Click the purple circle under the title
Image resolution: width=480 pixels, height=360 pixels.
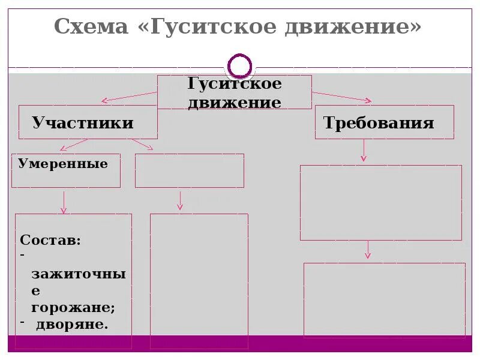pos(241,65)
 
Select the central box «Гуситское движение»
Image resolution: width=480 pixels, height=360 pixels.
pos(234,92)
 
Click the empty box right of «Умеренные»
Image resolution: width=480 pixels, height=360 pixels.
pos(189,170)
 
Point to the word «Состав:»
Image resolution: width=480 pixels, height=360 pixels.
pos(50,240)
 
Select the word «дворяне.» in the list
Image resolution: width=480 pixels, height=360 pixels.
pos(72,325)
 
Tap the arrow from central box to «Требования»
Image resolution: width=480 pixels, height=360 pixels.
pos(342,96)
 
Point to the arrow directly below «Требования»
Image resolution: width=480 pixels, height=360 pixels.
pos(363,150)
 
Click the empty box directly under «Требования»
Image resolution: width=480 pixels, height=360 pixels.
pos(380,202)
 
